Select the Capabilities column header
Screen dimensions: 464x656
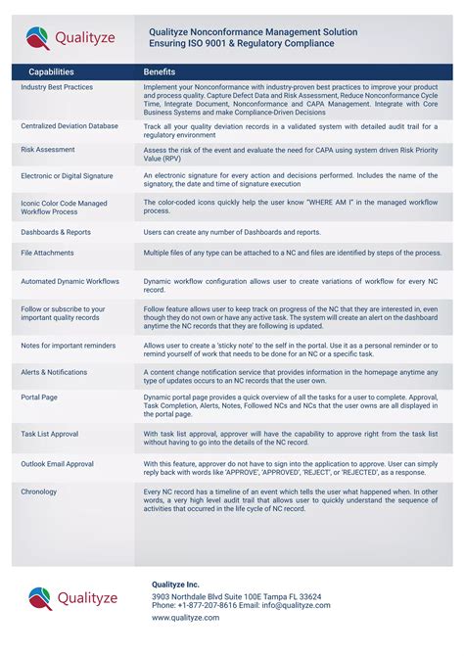(51, 72)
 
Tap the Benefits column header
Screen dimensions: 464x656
(160, 72)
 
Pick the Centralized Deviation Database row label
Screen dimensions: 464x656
(70, 125)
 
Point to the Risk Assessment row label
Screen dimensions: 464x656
(48, 150)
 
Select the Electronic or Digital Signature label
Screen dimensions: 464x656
(67, 176)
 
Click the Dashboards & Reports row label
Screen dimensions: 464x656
(56, 232)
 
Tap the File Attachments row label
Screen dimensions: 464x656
(47, 253)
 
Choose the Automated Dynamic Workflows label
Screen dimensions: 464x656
(70, 281)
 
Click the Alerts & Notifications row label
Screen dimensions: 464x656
(54, 372)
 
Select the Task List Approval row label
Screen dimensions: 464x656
(50, 433)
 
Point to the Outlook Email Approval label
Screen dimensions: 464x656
(58, 463)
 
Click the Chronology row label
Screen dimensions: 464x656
(39, 492)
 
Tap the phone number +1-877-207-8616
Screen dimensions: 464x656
(209, 605)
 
